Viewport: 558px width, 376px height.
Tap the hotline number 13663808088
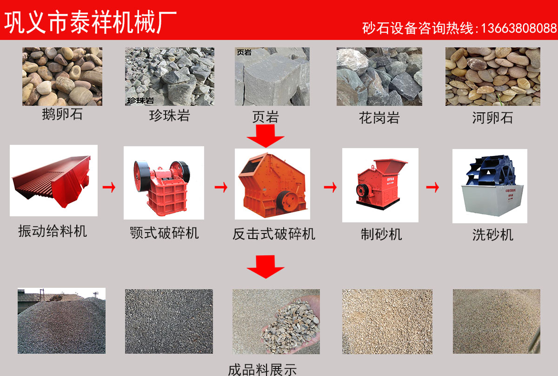pyautogui.click(x=518, y=28)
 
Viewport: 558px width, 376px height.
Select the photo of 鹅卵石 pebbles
pyautogui.click(x=62, y=76)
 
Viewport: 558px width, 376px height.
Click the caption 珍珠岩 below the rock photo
pyautogui.click(x=169, y=116)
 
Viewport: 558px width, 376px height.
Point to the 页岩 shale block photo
pyautogui.click(x=272, y=76)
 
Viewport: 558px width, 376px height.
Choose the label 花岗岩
pyautogui.click(x=379, y=118)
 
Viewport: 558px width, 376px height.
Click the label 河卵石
pyautogui.click(x=492, y=117)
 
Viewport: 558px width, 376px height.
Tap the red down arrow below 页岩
pyautogui.click(x=266, y=136)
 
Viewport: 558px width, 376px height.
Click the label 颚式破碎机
pyautogui.click(x=164, y=233)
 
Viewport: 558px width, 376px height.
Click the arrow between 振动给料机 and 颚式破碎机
pyautogui.click(x=109, y=187)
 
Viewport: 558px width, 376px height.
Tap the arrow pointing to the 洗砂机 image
pyautogui.click(x=433, y=187)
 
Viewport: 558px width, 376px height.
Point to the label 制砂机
pyautogui.click(x=381, y=234)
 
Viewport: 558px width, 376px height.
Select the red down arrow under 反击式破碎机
pyautogui.click(x=266, y=266)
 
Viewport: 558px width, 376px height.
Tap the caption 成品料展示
pyautogui.click(x=262, y=370)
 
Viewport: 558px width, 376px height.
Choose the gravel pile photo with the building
pyautogui.click(x=61, y=321)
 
